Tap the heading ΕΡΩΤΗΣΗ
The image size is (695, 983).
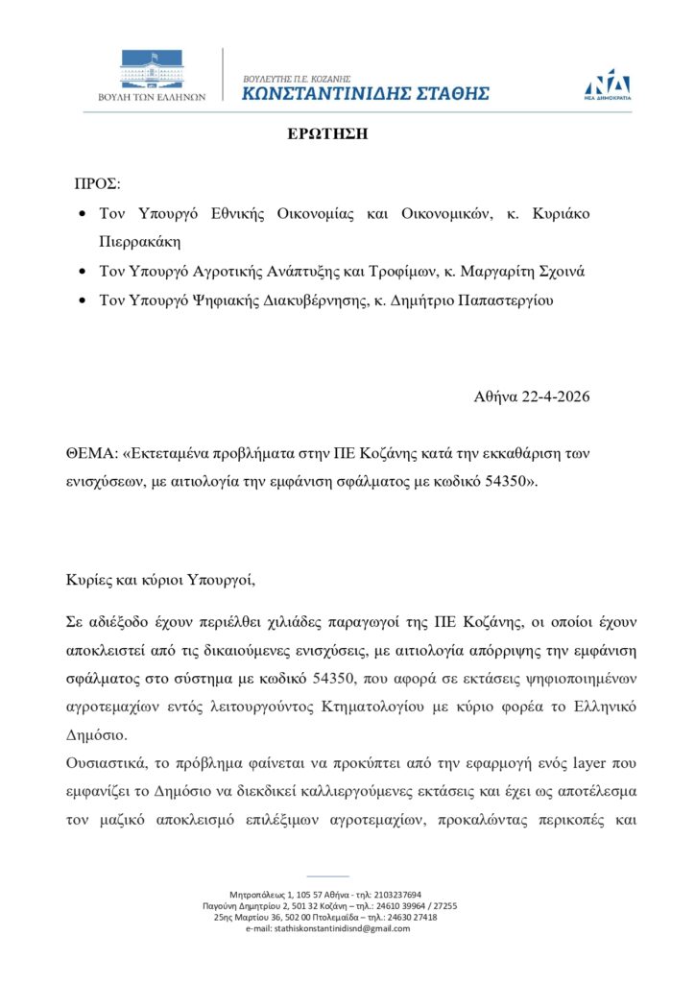327,134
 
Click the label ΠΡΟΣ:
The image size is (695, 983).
98,183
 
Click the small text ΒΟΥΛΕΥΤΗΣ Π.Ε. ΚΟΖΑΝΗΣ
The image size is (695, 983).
297,77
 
